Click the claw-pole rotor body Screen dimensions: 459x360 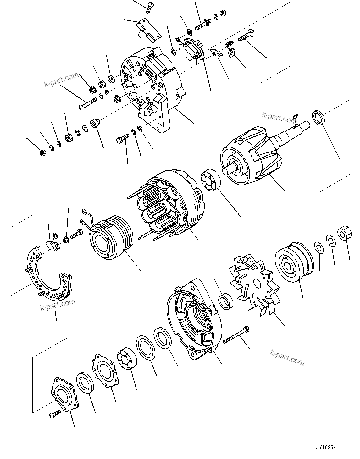click(x=252, y=154)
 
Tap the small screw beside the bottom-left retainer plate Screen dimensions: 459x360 click(x=54, y=414)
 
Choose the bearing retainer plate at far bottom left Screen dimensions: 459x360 click(x=64, y=393)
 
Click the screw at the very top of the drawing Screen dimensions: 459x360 click(x=149, y=7)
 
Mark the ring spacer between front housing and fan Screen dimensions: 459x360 click(x=226, y=301)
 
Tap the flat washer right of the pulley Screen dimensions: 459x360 click(x=318, y=247)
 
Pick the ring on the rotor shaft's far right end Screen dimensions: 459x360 click(x=320, y=118)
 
